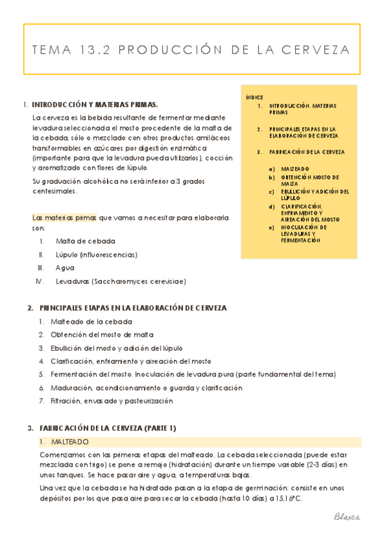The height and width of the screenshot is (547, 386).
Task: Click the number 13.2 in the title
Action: [x=99, y=50]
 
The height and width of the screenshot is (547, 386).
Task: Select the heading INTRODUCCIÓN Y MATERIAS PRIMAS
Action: [x=95, y=104]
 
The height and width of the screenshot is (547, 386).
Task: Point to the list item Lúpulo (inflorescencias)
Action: [x=97, y=255]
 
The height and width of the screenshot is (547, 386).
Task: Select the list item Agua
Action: [x=65, y=268]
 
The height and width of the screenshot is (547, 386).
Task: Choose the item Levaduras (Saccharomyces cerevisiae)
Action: [x=121, y=281]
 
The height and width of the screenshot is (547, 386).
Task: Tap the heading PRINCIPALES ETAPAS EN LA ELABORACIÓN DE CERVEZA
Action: [x=133, y=308]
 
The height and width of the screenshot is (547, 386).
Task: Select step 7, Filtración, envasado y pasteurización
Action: [x=111, y=401]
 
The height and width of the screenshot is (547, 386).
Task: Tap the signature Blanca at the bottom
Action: [x=347, y=517]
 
